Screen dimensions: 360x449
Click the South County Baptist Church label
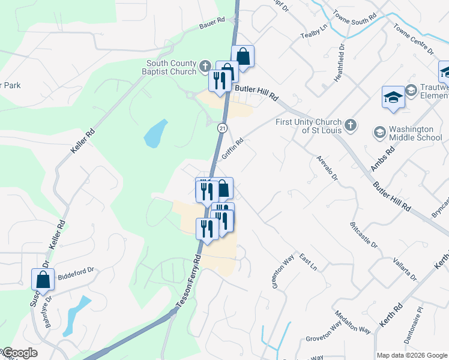click(x=172, y=67)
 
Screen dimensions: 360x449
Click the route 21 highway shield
click(x=223, y=128)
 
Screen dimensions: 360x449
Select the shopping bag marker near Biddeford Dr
click(x=43, y=279)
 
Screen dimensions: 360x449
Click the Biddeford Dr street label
click(x=77, y=271)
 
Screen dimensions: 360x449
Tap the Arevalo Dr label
click(x=327, y=169)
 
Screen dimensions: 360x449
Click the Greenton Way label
click(x=283, y=270)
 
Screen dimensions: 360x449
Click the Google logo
click(x=20, y=353)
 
